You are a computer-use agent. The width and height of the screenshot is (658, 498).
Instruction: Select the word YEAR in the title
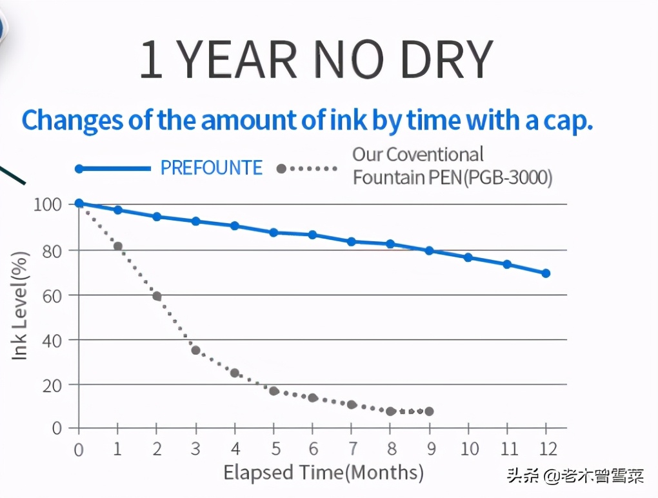tap(237, 61)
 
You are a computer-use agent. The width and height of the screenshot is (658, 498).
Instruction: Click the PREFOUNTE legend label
tap(212, 168)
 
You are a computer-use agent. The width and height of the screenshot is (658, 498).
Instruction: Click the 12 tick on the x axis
tap(546, 448)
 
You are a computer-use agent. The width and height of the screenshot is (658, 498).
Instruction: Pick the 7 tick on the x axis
tap(352, 448)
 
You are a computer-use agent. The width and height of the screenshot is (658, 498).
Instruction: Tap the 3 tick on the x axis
tap(196, 448)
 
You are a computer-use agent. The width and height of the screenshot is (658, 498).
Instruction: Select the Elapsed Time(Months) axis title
tap(323, 473)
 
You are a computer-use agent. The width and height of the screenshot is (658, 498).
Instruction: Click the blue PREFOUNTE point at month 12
tap(546, 274)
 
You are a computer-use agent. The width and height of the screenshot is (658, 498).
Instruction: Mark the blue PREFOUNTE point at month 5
tap(274, 232)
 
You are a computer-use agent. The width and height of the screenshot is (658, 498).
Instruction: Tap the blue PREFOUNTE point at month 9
tap(429, 250)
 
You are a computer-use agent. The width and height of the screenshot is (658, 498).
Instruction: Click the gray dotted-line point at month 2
tap(157, 296)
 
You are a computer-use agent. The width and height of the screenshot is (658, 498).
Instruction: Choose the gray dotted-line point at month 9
tap(429, 412)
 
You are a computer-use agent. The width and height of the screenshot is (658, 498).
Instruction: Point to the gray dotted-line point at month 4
tap(235, 373)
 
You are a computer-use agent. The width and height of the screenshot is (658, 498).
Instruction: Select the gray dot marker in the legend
tap(281, 168)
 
